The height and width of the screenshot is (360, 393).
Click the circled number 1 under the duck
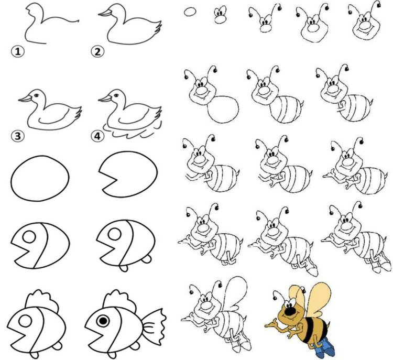18,52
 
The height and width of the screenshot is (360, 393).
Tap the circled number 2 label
97,52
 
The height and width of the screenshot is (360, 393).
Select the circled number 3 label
18,136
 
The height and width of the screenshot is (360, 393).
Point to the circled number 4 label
97,136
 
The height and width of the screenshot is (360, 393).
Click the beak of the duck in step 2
105,13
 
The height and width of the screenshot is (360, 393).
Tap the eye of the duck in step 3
37,95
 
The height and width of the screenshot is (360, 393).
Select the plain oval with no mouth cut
40,178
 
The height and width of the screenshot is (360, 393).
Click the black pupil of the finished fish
103,320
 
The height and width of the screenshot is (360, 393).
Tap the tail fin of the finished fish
154,325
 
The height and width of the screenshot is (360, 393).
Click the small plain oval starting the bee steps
190,12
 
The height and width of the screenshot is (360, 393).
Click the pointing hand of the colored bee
271,324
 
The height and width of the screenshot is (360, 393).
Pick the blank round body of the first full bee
223,110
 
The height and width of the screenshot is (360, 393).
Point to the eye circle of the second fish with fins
114,234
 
